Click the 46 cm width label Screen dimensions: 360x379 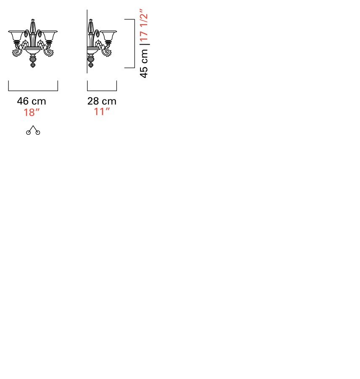(32, 101)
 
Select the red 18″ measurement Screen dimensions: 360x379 (32, 112)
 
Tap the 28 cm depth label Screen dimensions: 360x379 (102, 101)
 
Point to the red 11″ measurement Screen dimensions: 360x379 (102, 112)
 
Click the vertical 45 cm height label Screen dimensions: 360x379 (144, 64)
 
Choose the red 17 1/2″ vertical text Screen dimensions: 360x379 (144, 25)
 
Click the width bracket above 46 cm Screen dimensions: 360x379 (33, 91)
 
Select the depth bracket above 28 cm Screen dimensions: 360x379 (102, 91)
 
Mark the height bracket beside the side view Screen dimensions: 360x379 (135, 43)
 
